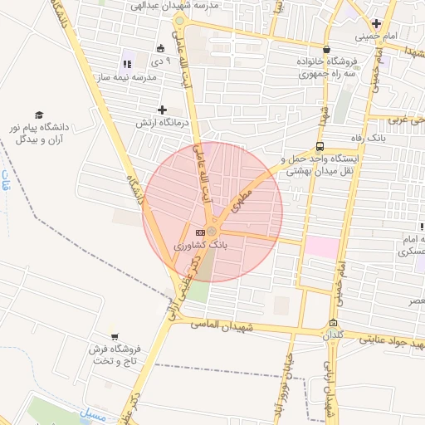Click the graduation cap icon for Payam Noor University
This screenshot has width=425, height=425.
39,115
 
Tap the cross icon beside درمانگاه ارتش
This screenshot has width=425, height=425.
162,110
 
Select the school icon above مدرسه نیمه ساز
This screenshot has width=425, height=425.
127,63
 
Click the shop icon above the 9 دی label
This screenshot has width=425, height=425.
160,48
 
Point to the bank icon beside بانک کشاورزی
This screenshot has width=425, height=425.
199,232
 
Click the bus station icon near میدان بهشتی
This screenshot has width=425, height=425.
320,146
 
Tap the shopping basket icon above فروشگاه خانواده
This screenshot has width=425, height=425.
326,49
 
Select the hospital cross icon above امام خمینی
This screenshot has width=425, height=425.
376,23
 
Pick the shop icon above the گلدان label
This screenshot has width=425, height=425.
333,324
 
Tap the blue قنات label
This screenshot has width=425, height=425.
6,181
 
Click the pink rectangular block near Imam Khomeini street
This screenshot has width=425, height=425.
322,247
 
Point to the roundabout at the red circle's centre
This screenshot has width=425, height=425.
212,231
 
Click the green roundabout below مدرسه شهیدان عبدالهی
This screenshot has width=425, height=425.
179,21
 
